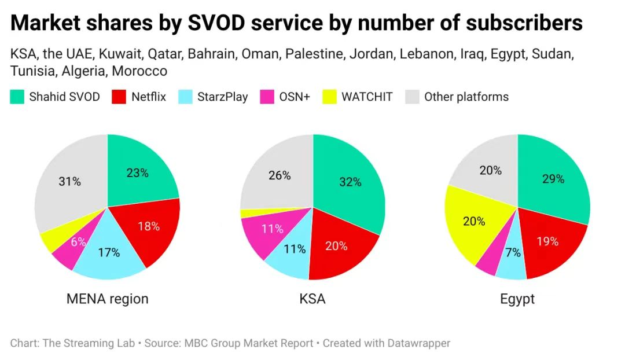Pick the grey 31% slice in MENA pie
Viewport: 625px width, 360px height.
69,181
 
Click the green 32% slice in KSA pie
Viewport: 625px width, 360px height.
350,182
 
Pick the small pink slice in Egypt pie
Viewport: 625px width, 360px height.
487,263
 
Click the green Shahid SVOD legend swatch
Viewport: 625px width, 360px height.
17,97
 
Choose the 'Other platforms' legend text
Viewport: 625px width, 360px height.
466,97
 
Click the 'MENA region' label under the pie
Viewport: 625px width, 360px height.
107,299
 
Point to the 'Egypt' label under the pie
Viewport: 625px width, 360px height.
517,299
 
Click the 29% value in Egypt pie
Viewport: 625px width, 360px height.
553,179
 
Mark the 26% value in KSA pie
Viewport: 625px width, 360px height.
280,175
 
